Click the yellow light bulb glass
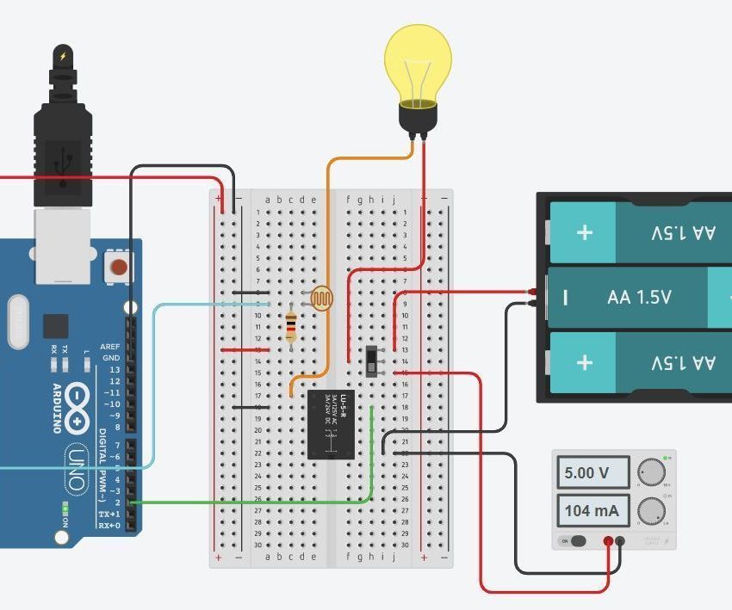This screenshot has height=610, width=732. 418,60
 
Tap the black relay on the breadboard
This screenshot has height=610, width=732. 332,424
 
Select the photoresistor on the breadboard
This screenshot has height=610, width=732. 321,299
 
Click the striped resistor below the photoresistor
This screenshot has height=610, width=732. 291,326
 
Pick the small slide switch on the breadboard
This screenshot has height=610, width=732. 372,361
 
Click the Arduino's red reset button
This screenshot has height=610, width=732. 119,267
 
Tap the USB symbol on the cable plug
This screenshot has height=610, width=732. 63,163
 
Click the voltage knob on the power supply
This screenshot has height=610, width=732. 652,472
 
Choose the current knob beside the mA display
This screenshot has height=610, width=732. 652,511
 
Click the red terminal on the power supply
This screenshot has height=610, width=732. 609,541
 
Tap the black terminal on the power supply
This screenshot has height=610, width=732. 621,541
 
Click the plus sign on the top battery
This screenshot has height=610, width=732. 585,232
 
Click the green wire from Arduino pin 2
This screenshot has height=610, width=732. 258,502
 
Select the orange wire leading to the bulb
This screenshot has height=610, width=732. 328,258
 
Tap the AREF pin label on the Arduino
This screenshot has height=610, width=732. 110,347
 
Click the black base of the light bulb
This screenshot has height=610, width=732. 418,117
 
